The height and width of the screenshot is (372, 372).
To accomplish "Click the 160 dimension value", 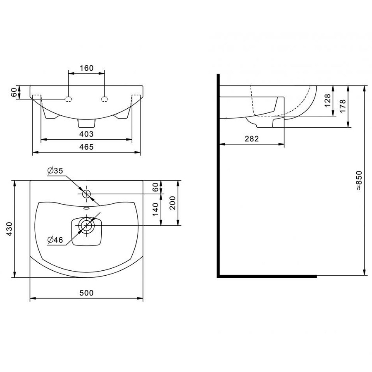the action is pyautogui.click(x=86, y=68).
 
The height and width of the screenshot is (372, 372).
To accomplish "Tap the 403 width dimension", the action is pyautogui.click(x=86, y=134).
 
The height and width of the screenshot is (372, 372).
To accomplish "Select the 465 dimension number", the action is pyautogui.click(x=86, y=147).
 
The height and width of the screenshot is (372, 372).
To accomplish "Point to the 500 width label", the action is pyautogui.click(x=86, y=293).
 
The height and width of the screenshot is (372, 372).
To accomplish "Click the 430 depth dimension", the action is pyautogui.click(x=9, y=229).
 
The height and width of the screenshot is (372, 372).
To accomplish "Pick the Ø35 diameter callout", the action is pyautogui.click(x=55, y=171).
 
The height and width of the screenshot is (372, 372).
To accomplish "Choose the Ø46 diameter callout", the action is pyautogui.click(x=55, y=240).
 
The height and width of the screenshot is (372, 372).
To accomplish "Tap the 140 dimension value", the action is pyautogui.click(x=155, y=209).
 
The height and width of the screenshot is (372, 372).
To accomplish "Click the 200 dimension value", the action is pyautogui.click(x=173, y=203).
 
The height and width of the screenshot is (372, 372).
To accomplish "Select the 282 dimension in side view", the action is pyautogui.click(x=252, y=139).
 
